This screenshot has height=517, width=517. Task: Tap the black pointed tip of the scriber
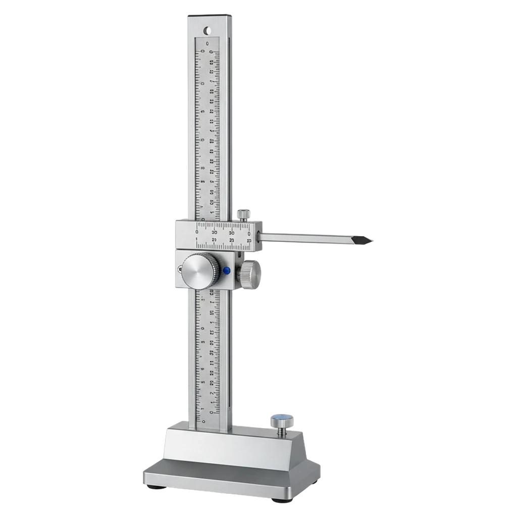click(368, 241)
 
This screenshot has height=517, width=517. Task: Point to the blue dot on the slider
click(227, 271)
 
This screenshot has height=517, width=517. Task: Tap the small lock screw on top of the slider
click(244, 214)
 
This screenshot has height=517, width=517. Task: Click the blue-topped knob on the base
click(282, 420)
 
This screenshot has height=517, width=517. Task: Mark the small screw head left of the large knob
click(180, 269)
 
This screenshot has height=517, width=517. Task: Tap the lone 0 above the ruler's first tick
click(207, 44)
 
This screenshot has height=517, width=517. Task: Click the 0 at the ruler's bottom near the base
click(203, 420)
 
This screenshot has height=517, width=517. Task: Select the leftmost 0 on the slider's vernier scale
click(197, 232)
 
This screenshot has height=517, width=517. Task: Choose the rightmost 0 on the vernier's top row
click(249, 234)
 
